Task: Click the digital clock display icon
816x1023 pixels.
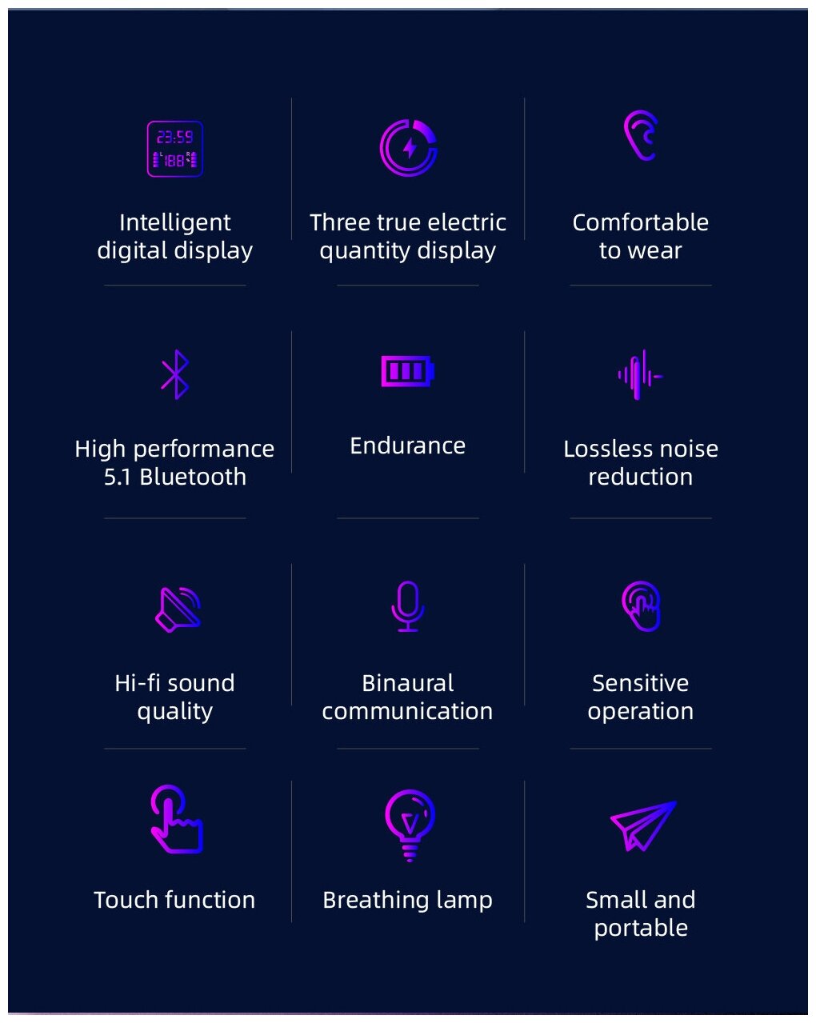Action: (174, 149)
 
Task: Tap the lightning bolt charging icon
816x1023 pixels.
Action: (408, 148)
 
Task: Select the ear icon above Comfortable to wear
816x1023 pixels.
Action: (641, 136)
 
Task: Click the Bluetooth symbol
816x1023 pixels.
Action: (175, 374)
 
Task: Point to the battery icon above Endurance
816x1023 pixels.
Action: (407, 371)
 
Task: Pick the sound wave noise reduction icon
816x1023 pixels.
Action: (640, 375)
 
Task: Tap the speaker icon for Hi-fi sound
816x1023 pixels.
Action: (178, 609)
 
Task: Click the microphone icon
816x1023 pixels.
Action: (408, 606)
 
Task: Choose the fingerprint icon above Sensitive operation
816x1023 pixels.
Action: (641, 605)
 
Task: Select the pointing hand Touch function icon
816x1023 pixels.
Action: (175, 819)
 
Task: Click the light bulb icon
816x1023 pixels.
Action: (410, 825)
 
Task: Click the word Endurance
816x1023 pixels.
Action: (407, 446)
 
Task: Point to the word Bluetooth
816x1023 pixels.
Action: (192, 477)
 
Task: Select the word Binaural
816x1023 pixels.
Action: (407, 683)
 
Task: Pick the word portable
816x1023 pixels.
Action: (641, 928)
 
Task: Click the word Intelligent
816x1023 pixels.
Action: (174, 222)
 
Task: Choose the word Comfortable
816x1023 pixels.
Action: (640, 222)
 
